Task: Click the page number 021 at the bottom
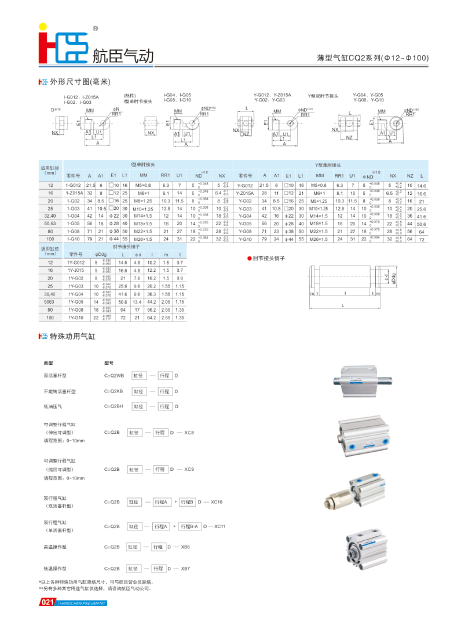coord(46,602)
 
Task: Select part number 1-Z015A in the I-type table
coord(74,192)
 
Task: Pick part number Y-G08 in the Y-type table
coord(244,231)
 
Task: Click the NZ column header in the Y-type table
coord(410,176)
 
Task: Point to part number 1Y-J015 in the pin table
coord(76,270)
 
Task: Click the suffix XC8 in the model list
coord(189,432)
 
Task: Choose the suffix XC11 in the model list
coord(220,526)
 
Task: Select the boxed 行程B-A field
coord(189,526)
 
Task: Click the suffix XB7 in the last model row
coord(185,568)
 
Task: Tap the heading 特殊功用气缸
coord(73,336)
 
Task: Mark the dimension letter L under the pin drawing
coord(342,304)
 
